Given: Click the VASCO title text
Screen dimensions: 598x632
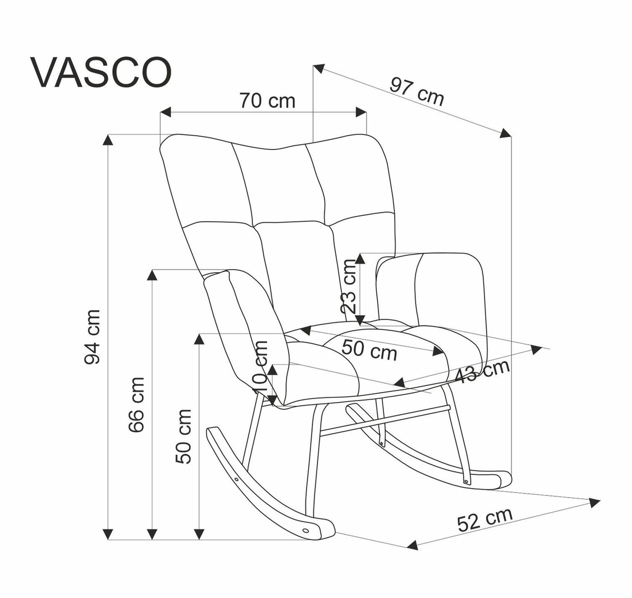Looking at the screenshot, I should click(102, 73).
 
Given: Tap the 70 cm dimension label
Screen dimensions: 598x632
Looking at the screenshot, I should click(267, 100).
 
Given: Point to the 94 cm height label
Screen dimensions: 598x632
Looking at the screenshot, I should click(93, 337).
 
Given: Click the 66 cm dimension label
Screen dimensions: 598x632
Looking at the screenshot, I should click(137, 404).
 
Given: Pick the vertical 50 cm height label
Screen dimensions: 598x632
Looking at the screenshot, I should click(184, 436).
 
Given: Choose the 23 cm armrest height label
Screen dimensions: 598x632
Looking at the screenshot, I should click(349, 287).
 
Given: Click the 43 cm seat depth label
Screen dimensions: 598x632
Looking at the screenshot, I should click(482, 372).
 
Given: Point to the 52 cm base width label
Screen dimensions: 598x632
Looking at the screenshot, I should click(485, 519).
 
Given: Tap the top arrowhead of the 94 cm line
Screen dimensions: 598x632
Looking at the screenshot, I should click(108, 139).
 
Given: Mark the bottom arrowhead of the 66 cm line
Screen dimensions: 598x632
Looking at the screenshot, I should click(153, 534).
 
